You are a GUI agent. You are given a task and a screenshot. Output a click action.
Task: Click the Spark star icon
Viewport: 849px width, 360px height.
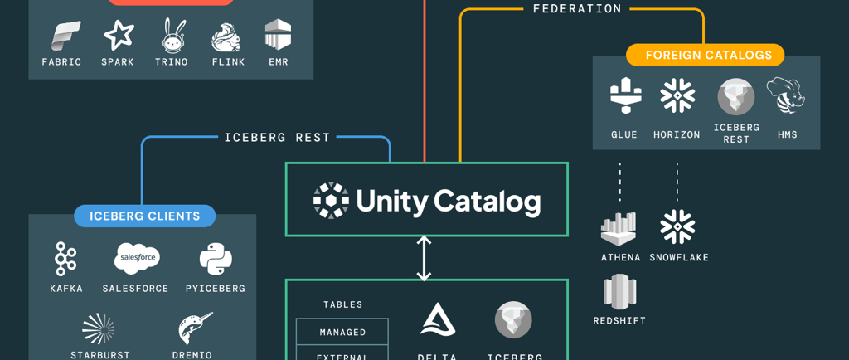pos(118,35)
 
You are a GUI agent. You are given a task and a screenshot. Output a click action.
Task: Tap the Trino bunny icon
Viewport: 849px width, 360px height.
pos(173,36)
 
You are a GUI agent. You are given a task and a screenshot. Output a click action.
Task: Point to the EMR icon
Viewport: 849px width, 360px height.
pos(278,35)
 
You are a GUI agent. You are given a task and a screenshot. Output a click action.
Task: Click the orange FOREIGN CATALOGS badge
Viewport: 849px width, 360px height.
pos(705,56)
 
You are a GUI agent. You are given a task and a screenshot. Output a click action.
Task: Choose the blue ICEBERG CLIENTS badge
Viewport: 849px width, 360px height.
pos(145,216)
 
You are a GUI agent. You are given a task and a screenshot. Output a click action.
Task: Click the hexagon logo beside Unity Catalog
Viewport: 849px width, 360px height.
pos(331,200)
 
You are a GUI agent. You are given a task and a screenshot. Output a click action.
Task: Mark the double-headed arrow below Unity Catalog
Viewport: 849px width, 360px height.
pos(424,258)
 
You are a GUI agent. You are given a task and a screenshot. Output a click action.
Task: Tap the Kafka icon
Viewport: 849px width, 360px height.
pos(65,260)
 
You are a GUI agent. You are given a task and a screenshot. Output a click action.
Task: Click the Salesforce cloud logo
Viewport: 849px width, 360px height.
pos(137,259)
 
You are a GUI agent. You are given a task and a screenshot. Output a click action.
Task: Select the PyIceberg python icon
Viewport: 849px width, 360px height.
pos(216,259)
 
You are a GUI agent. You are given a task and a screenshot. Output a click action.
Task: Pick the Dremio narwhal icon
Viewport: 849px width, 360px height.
pos(195,328)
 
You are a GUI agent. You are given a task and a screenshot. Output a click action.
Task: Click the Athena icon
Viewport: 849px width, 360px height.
pos(619,228)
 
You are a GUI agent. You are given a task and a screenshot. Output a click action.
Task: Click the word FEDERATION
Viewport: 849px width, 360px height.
pos(577,9)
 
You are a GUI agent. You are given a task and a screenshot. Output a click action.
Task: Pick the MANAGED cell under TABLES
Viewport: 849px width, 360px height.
pos(342,332)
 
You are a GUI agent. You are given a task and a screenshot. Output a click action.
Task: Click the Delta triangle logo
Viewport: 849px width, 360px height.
pos(437,319)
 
